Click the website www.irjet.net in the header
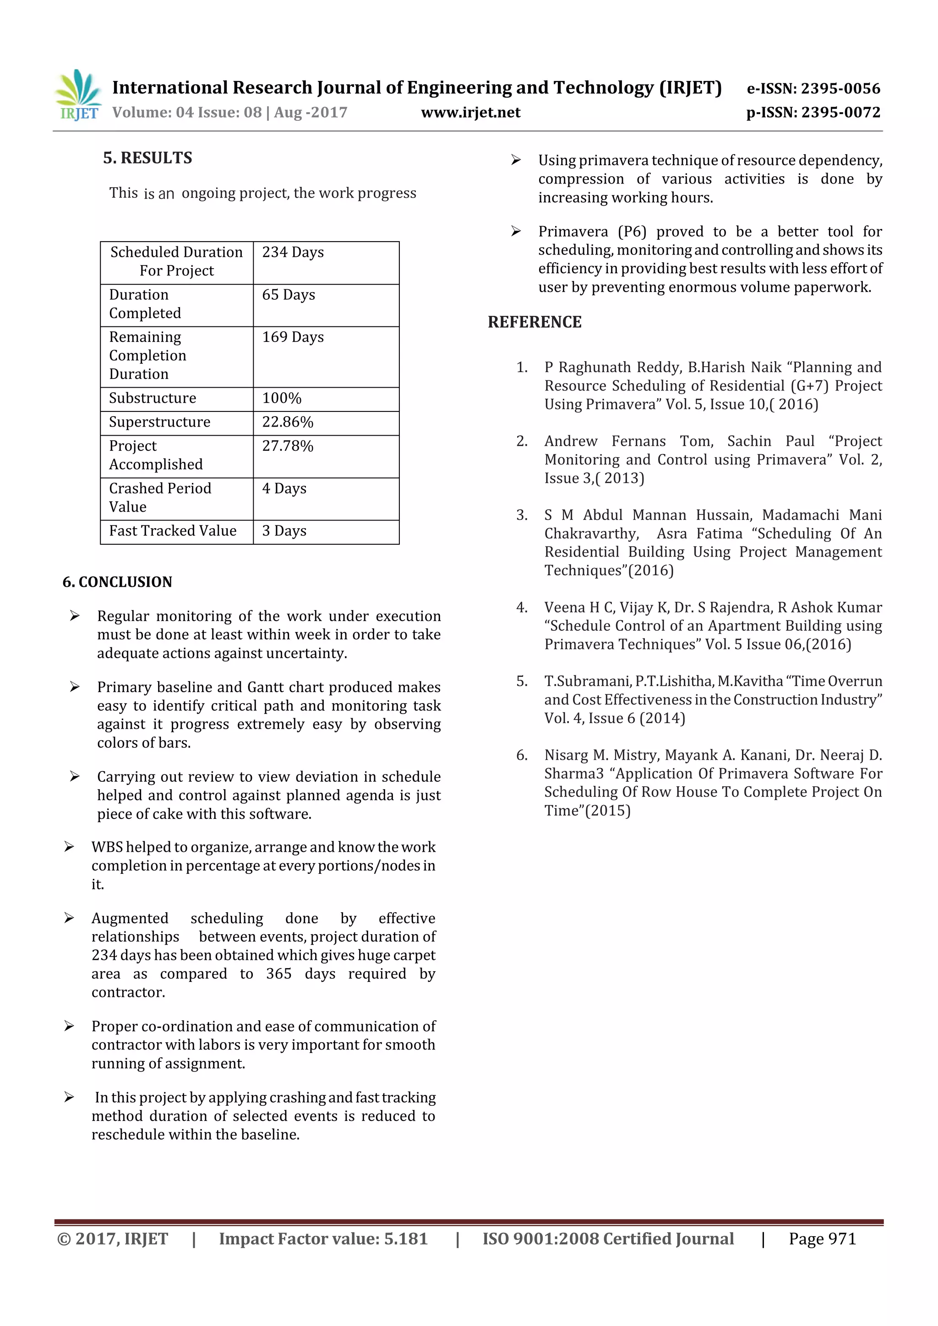click(x=470, y=113)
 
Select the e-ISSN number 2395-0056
click(x=840, y=88)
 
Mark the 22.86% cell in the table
click(x=288, y=422)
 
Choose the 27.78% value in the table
click(x=288, y=446)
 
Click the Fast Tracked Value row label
click(x=173, y=531)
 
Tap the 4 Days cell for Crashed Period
click(x=284, y=488)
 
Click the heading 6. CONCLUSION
click(x=117, y=582)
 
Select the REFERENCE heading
click(x=534, y=322)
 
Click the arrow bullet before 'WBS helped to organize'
click(x=69, y=847)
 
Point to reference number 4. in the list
click(x=522, y=607)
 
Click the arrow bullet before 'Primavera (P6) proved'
click(x=516, y=232)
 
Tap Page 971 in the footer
click(x=822, y=1239)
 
